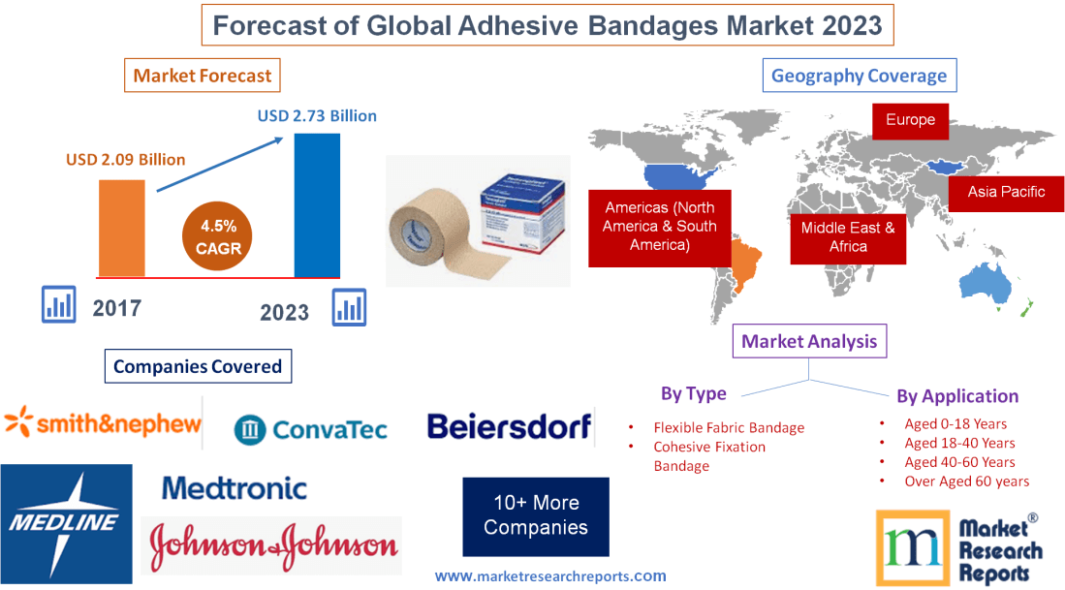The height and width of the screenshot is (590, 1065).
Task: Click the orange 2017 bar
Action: pyautogui.click(x=121, y=228)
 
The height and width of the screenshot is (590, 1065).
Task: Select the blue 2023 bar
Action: pyautogui.click(x=317, y=205)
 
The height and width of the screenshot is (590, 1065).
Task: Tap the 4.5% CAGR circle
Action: pyautogui.click(x=212, y=237)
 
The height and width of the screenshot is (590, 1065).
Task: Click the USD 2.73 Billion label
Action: pyautogui.click(x=317, y=115)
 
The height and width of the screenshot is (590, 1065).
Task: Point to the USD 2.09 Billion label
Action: pyautogui.click(x=125, y=159)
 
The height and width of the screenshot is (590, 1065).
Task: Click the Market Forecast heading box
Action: pyautogui.click(x=203, y=76)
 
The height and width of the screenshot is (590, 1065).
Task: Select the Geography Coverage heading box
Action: pyautogui.click(x=859, y=76)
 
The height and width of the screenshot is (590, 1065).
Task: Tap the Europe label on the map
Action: pyautogui.click(x=910, y=120)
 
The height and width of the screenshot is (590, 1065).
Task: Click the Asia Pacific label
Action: pyautogui.click(x=1006, y=192)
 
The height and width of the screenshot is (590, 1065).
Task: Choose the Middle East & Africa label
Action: pyautogui.click(x=848, y=237)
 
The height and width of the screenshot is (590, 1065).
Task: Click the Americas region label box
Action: pyautogui.click(x=659, y=227)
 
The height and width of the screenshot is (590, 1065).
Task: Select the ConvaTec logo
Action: pyautogui.click(x=311, y=428)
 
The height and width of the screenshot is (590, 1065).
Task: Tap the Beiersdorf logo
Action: pyautogui.click(x=509, y=426)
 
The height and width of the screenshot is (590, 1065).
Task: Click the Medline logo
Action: pyautogui.click(x=66, y=523)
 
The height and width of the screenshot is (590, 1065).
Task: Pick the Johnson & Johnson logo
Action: pyautogui.click(x=272, y=545)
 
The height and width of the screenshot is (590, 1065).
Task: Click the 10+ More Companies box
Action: pyautogui.click(x=536, y=515)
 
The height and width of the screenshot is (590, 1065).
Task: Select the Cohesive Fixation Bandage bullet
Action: pyautogui.click(x=708, y=456)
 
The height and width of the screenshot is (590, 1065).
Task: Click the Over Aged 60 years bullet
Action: pyautogui.click(x=966, y=481)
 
